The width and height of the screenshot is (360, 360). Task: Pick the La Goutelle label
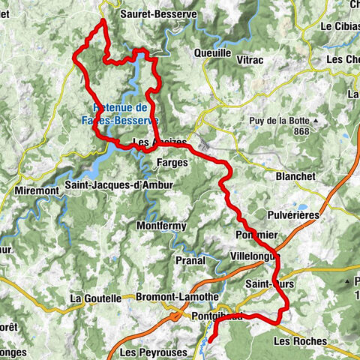pyautogui.click(x=95, y=298)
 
